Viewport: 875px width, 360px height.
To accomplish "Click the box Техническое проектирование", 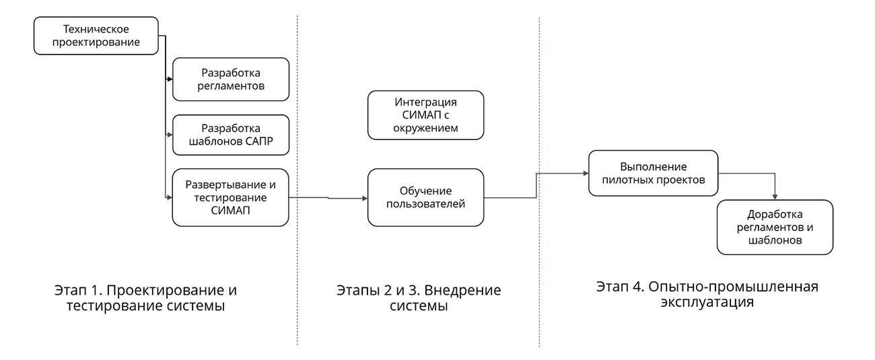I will (96, 36).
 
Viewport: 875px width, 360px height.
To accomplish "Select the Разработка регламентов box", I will (231, 79).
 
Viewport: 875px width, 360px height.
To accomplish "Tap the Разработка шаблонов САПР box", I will (231, 135).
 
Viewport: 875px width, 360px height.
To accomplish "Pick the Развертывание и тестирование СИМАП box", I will (231, 197).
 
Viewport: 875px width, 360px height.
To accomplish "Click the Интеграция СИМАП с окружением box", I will (425, 115).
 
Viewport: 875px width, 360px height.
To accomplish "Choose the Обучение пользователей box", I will (425, 197).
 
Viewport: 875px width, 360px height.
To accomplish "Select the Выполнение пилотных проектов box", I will (653, 173).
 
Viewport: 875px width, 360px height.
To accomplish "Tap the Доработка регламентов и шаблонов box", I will (775, 227).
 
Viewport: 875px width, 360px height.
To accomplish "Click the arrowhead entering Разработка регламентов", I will (170, 79).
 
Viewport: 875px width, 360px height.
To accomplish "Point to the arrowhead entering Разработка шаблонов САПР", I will (170, 135).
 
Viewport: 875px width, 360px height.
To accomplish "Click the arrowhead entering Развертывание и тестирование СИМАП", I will (170, 197).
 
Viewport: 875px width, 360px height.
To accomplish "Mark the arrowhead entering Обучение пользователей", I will (364, 198).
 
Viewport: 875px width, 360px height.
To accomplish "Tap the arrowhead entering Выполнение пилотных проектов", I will (585, 173).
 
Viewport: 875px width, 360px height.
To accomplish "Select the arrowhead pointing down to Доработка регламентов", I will (775, 196).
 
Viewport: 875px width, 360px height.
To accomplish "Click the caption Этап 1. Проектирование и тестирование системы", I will (145, 298).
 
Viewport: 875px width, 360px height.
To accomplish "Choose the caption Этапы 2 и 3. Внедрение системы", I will (419, 298).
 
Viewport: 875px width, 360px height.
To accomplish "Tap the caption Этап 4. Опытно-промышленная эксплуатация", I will (707, 294).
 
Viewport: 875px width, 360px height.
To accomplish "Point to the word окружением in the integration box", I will (425, 128).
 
